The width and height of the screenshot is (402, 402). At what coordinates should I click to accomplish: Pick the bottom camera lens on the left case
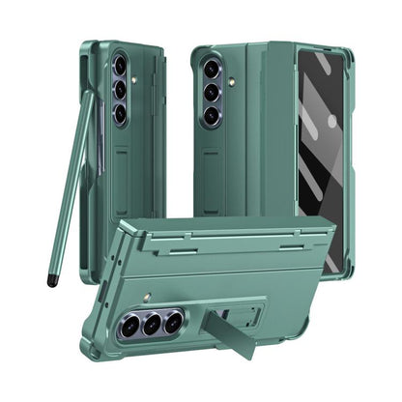point(121,114)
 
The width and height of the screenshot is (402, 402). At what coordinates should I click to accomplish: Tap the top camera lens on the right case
point(211,71)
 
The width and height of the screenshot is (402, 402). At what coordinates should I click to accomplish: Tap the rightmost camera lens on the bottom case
point(173,322)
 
